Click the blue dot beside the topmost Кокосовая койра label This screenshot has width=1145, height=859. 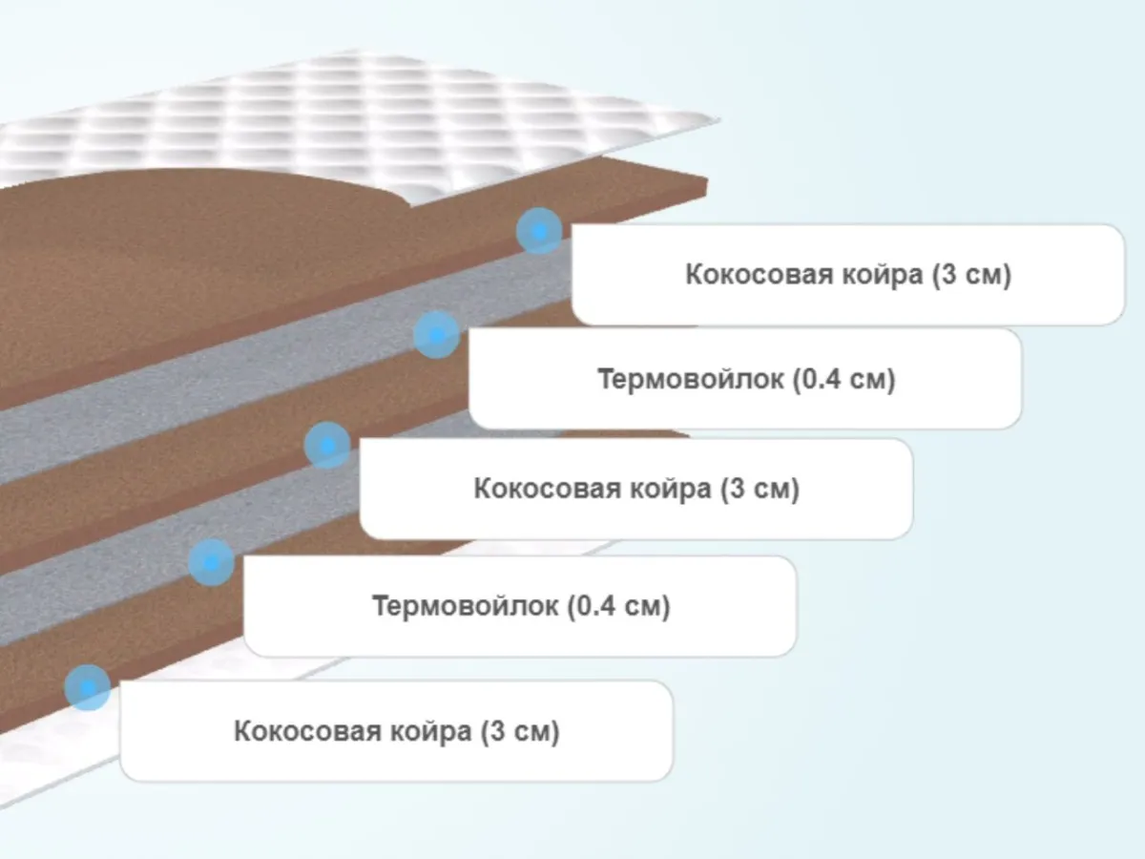click(539, 231)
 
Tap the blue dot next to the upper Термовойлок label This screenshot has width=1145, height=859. click(437, 335)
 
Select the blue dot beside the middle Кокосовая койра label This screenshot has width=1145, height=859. click(327, 446)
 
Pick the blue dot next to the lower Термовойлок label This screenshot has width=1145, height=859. click(211, 562)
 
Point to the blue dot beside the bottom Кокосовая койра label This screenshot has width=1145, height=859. click(88, 687)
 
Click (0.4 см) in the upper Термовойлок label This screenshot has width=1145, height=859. click(844, 380)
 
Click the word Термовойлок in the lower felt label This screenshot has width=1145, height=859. click(465, 606)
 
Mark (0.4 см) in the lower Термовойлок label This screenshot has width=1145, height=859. click(618, 606)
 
